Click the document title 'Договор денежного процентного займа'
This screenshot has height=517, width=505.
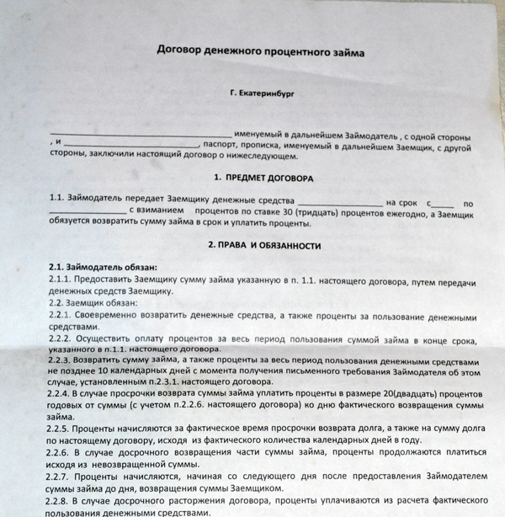click(x=261, y=52)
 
